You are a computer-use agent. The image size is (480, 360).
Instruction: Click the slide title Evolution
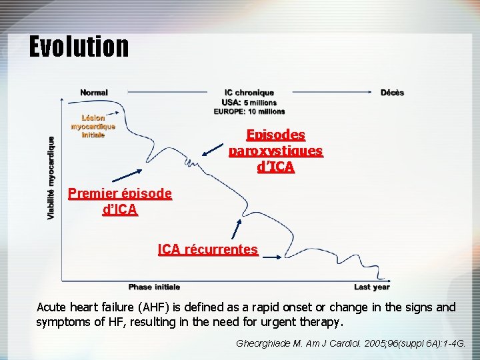tap(79, 47)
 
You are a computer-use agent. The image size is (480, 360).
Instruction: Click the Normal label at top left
tap(94, 93)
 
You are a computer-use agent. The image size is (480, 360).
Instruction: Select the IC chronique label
tap(249, 93)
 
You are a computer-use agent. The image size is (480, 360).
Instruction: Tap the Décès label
tap(392, 93)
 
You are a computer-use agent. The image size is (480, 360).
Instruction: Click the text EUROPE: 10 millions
tap(249, 111)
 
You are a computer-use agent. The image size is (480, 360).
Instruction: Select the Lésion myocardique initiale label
tap(93, 126)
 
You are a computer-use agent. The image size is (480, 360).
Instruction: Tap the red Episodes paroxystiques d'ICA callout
tap(275, 151)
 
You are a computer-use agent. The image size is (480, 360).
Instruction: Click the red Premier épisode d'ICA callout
tap(120, 201)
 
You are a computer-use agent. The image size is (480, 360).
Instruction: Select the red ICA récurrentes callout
tap(208, 249)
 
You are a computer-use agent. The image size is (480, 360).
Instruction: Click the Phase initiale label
tap(154, 287)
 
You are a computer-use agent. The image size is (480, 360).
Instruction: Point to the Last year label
tap(371, 287)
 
